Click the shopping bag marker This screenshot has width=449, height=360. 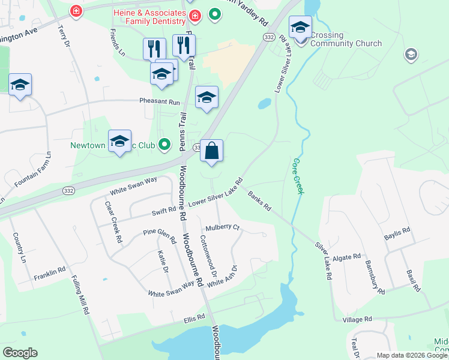point(212,151)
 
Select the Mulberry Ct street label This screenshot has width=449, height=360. point(222,228)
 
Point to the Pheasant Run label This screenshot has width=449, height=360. point(160,102)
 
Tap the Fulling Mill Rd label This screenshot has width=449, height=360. point(80,295)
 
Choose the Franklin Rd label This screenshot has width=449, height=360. point(49,272)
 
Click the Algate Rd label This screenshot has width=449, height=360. point(348,256)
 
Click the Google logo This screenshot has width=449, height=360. point(20,353)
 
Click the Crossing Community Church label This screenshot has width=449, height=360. point(346,40)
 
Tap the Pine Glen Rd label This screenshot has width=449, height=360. point(159,235)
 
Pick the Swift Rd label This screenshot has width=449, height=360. point(164,211)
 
